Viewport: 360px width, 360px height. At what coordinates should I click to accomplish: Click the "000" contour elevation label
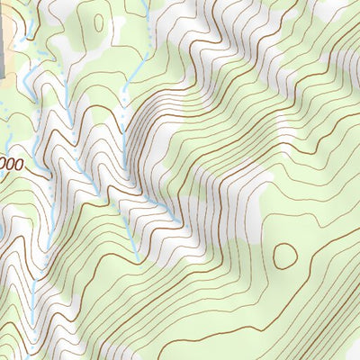click(10, 165)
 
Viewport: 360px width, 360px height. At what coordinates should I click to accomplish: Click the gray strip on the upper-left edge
click(4, 36)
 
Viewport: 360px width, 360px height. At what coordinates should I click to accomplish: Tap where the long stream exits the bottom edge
click(33, 358)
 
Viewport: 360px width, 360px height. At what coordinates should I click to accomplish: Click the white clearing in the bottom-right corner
click(346, 346)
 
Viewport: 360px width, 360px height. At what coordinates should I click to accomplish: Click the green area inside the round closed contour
click(285, 255)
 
